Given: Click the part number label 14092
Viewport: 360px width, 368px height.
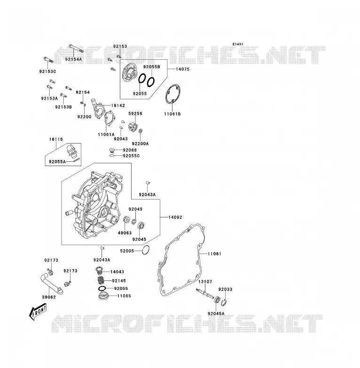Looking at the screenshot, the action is click(x=175, y=217).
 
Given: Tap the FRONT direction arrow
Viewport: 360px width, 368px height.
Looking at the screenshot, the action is click(x=38, y=312).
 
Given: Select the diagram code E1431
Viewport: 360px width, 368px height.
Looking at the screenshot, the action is click(x=238, y=44).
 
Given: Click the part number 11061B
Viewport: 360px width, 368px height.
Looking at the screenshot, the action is click(x=172, y=114).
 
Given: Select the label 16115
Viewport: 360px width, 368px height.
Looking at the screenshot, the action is click(x=56, y=139).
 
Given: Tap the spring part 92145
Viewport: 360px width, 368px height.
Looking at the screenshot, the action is click(x=101, y=280).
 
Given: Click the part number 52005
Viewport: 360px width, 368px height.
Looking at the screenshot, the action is click(x=127, y=251).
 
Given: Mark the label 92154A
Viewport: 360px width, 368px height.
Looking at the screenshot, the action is click(x=74, y=59).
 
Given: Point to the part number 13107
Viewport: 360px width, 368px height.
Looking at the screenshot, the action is click(x=205, y=281).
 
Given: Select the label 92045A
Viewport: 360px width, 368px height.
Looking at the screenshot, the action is click(x=216, y=313).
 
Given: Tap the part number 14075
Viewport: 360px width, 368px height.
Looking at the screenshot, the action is click(x=182, y=69).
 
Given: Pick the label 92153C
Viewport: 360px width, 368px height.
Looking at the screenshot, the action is click(x=47, y=72).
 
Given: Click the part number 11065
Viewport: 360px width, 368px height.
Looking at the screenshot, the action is click(x=124, y=296).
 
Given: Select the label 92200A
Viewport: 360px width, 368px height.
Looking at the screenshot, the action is click(x=140, y=144).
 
